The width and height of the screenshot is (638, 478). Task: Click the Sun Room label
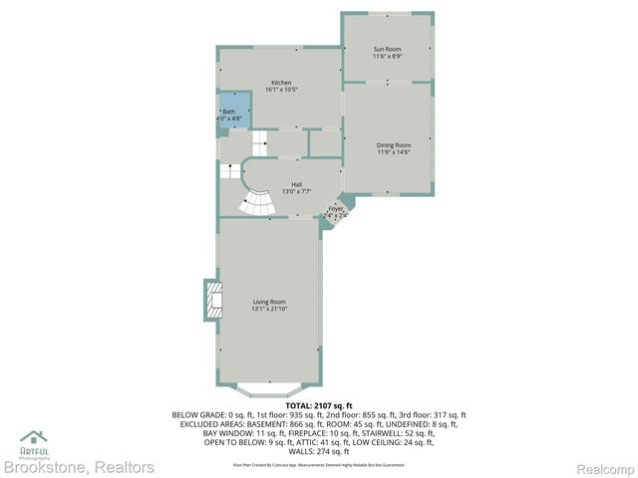point(388,49)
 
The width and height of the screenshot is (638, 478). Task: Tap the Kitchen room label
point(282,83)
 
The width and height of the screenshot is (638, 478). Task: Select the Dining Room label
point(394,145)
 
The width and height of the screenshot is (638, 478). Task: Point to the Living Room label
point(269,302)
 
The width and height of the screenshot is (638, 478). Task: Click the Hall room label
point(296,184)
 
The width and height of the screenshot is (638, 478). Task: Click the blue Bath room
point(230,115)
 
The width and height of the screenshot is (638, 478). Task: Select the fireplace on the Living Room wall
point(212,300)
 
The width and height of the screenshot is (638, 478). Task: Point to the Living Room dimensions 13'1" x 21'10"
point(269,310)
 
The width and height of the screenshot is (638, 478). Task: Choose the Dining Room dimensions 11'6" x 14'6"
point(394,153)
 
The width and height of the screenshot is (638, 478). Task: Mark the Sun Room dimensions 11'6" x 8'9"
point(388,57)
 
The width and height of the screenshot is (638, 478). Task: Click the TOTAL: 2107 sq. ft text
point(319,405)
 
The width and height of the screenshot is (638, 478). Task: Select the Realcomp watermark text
point(606,466)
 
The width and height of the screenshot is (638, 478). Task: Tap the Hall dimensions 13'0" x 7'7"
point(296,192)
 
